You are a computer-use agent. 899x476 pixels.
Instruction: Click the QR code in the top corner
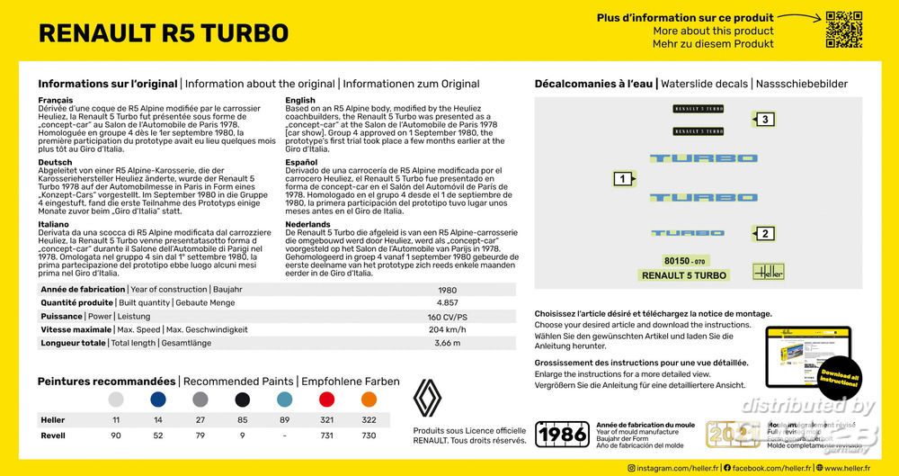pos(844,31)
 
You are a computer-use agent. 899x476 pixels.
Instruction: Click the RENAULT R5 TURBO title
pos(164,33)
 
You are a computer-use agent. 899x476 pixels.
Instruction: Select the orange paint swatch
pos(369,400)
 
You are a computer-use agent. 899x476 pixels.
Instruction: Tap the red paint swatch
pos(327,400)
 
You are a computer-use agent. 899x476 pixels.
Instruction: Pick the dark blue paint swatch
pos(158,400)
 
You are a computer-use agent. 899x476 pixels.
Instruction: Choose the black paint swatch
pos(243,400)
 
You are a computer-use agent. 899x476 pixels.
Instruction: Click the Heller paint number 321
pos(327,420)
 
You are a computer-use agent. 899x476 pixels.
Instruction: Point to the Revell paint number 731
pos(327,436)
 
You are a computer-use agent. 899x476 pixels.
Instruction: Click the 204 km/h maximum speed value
pos(447,330)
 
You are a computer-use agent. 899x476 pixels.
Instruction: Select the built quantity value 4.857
pos(447,303)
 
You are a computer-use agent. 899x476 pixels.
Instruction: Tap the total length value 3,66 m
pos(447,344)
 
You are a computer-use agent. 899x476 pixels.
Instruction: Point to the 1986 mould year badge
pos(562,435)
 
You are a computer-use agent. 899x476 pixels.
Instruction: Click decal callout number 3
pos(764,120)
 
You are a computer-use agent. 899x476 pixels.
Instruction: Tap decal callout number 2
pos(763,235)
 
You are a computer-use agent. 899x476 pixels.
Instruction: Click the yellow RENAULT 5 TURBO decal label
pos(684,275)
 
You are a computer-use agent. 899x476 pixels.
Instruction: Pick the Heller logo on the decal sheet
pos(768,271)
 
